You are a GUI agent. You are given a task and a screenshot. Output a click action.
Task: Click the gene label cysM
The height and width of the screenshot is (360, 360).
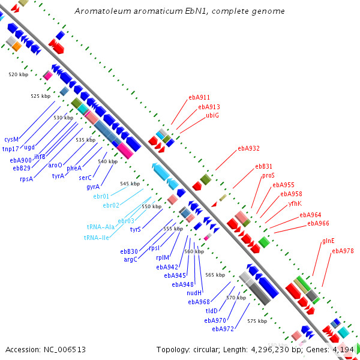(11, 139)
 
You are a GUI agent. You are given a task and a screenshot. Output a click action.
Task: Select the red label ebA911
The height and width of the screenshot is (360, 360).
(199, 97)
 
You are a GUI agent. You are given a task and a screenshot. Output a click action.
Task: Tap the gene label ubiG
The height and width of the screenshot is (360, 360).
(212, 115)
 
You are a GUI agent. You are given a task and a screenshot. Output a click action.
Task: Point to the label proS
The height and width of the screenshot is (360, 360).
(268, 176)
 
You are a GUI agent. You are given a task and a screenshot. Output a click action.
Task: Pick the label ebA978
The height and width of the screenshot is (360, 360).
(343, 251)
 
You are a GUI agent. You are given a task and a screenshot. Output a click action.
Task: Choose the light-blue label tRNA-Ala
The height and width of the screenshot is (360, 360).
(100, 227)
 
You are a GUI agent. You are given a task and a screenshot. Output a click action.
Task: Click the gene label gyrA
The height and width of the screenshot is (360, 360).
(93, 187)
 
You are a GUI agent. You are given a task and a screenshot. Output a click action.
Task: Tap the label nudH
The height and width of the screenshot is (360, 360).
(194, 293)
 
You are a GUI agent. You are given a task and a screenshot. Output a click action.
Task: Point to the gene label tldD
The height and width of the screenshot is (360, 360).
(212, 311)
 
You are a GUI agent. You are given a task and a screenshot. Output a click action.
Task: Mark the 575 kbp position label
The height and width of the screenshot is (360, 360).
(257, 321)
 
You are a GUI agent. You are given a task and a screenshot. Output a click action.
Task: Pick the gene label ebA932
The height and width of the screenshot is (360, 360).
(248, 148)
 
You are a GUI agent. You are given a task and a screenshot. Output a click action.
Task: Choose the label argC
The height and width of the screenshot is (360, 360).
(131, 260)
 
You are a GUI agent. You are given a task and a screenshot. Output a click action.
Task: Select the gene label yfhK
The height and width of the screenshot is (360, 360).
(295, 203)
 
